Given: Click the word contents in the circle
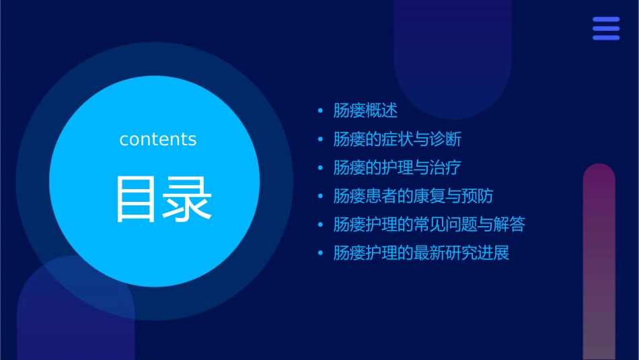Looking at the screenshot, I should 158,139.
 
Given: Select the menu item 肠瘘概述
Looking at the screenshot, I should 365,111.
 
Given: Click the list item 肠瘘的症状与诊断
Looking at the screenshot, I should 397,139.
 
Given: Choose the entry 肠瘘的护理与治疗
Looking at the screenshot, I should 397,168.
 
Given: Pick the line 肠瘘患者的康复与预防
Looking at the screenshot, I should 413,196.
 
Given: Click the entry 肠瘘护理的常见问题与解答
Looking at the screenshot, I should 429,224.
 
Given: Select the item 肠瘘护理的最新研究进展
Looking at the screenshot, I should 421,253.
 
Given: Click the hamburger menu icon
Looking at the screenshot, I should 606,28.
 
